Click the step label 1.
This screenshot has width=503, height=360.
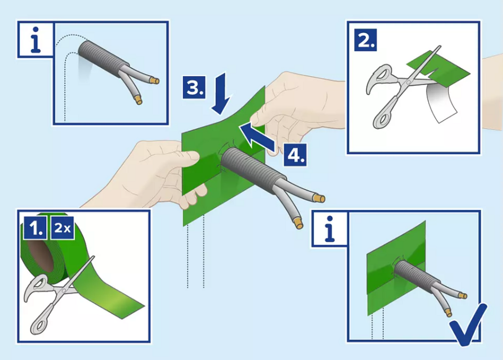click(35, 227)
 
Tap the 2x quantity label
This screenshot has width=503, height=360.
click(62, 227)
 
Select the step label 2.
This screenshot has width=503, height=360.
click(365, 40)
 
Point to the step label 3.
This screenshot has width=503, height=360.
click(194, 87)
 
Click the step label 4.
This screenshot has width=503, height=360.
click(295, 155)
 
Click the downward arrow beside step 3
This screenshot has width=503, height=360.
click(221, 94)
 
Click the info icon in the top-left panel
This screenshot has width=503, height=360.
click(35, 40)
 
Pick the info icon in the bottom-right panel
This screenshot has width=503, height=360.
click(330, 229)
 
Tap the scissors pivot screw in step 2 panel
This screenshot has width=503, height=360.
click(408, 82)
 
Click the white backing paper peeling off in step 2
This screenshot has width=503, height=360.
click(442, 103)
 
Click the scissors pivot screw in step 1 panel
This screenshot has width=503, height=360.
click(63, 290)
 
